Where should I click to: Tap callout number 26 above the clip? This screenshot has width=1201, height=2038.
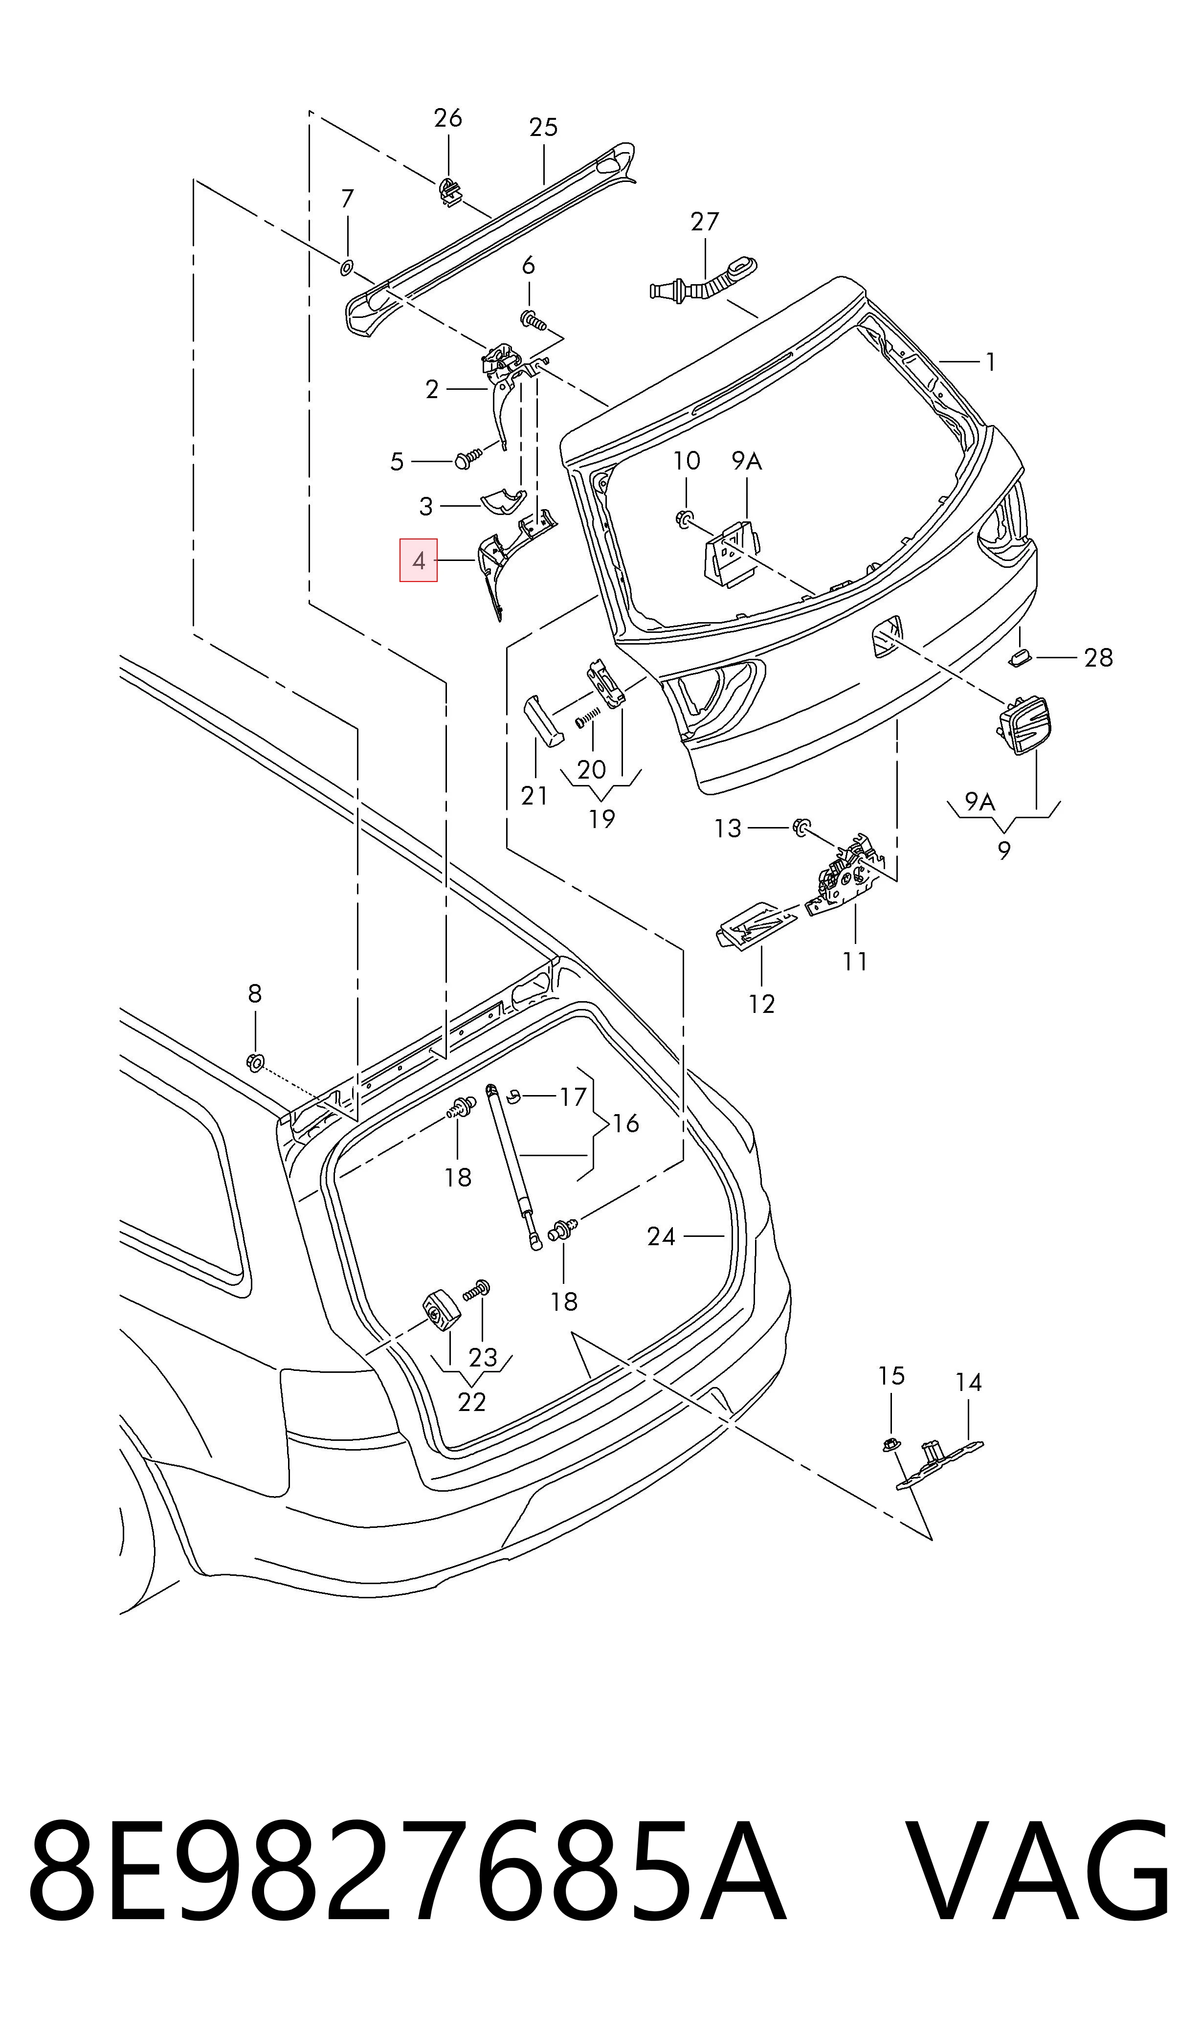point(447,118)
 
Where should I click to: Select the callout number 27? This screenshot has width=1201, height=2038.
point(704,221)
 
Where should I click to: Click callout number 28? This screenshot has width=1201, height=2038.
point(1098,657)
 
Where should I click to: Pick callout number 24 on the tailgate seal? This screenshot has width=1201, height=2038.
point(661,1236)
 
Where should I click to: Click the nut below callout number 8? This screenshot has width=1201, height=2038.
point(255,1063)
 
